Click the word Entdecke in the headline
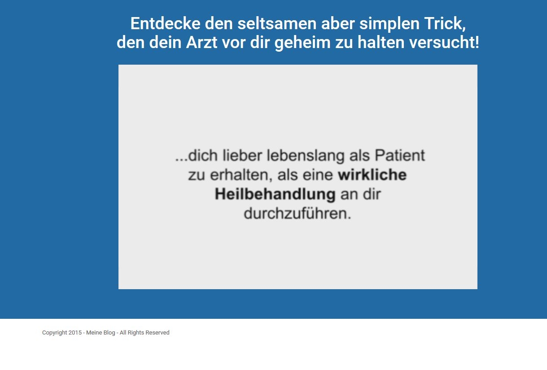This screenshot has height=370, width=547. coord(165,23)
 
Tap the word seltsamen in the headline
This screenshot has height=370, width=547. coord(277,23)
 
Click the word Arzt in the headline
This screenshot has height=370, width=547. coord(201,43)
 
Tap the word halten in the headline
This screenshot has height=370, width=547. coord(381,43)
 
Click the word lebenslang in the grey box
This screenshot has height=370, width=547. coord(306,156)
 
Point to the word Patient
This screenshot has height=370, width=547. coord(400,155)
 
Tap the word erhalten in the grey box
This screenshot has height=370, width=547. coord(240,175)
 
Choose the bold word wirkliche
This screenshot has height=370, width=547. coord(372,175)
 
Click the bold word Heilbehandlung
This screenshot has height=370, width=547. coord(275,195)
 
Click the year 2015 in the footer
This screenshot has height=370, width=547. coord(75,333)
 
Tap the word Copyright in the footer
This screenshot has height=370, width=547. coord(55,333)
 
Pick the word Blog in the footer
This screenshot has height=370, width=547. coord(109,333)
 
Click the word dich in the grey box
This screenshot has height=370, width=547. coord(203,155)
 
